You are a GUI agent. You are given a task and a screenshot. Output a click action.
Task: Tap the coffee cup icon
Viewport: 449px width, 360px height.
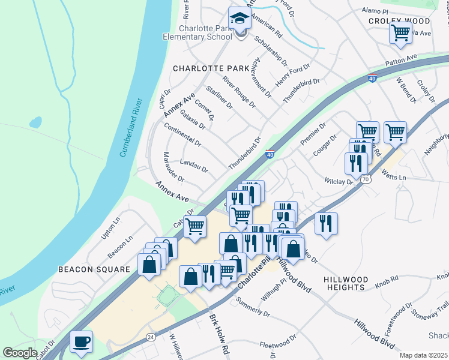click(81, 343)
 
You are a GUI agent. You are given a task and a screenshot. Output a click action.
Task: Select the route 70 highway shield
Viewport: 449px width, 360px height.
click(365, 178)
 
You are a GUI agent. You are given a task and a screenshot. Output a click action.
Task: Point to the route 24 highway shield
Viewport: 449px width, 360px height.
click(149, 337)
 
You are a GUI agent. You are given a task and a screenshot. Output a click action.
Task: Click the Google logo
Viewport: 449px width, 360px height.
click(19, 353)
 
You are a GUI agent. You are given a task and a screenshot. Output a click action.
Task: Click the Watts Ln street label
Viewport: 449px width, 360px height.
click(394, 178)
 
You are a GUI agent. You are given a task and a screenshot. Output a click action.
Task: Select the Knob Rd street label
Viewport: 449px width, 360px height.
click(387, 280)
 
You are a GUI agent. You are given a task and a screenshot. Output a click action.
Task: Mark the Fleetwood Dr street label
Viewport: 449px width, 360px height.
click(279, 345)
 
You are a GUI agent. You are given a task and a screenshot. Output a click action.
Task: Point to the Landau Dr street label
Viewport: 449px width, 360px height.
click(194, 165)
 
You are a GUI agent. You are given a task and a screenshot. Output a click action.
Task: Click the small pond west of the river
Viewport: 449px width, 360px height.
click(35, 122)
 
